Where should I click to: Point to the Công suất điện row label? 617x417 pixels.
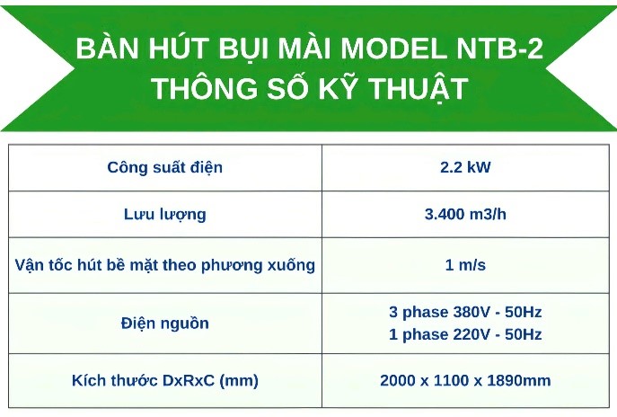pyautogui.click(x=165, y=167)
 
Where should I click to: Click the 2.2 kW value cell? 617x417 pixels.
pyautogui.click(x=465, y=167)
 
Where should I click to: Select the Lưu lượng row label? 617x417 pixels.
pyautogui.click(x=165, y=215)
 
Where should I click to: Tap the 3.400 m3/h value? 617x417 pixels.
pyautogui.click(x=465, y=214)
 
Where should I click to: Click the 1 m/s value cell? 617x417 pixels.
pyautogui.click(x=465, y=265)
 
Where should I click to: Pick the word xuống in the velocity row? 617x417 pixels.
pyautogui.click(x=291, y=266)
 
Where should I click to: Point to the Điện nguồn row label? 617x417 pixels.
pyautogui.click(x=165, y=324)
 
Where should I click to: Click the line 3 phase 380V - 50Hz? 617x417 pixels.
pyautogui.click(x=465, y=312)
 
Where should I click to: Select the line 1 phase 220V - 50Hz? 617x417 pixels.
pyautogui.click(x=465, y=334)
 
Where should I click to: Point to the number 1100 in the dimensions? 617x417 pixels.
pyautogui.click(x=451, y=381)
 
